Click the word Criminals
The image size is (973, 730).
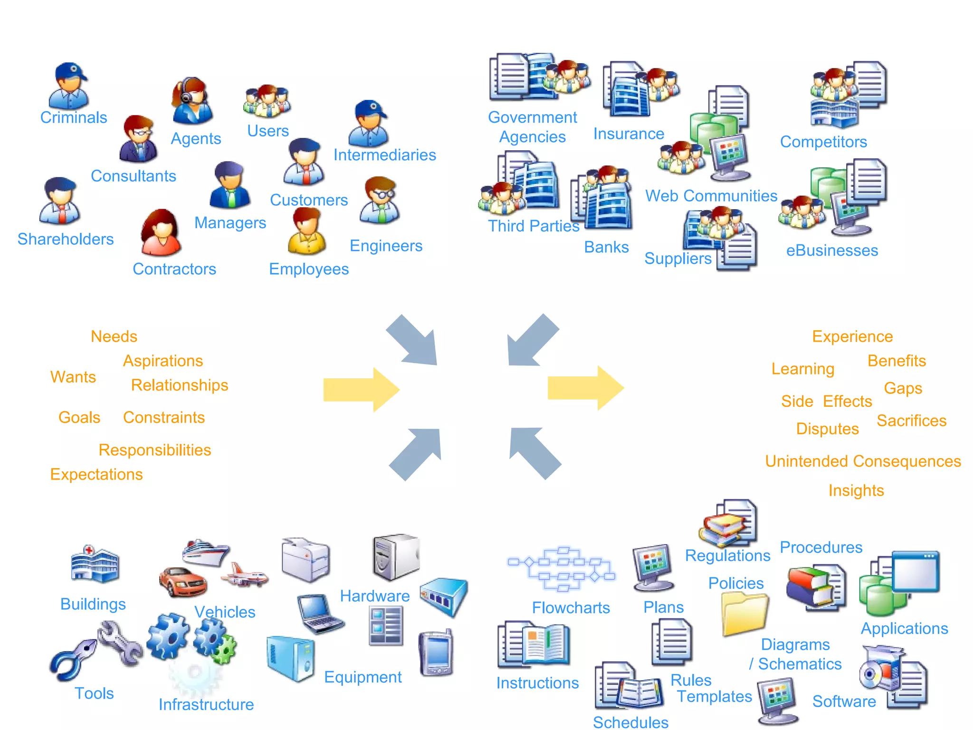pyautogui.click(x=74, y=117)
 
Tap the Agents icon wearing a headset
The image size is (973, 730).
pyautogui.click(x=192, y=101)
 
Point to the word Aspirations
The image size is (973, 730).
pyautogui.click(x=163, y=361)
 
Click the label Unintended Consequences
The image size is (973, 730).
pyautogui.click(x=863, y=461)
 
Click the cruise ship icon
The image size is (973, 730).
pyautogui.click(x=205, y=553)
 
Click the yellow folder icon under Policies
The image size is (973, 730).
pyautogui.click(x=744, y=614)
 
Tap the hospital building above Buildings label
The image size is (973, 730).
pyautogui.click(x=95, y=564)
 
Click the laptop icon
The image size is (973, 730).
pyautogui.click(x=319, y=614)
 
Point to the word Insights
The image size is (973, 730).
pyautogui.click(x=856, y=490)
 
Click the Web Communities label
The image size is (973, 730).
pyautogui.click(x=711, y=196)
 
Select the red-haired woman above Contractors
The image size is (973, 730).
pyautogui.click(x=161, y=233)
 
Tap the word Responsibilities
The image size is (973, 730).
pyautogui.click(x=154, y=450)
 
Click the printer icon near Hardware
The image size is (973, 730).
pyautogui.click(x=305, y=560)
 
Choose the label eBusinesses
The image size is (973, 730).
pyautogui.click(x=832, y=250)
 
